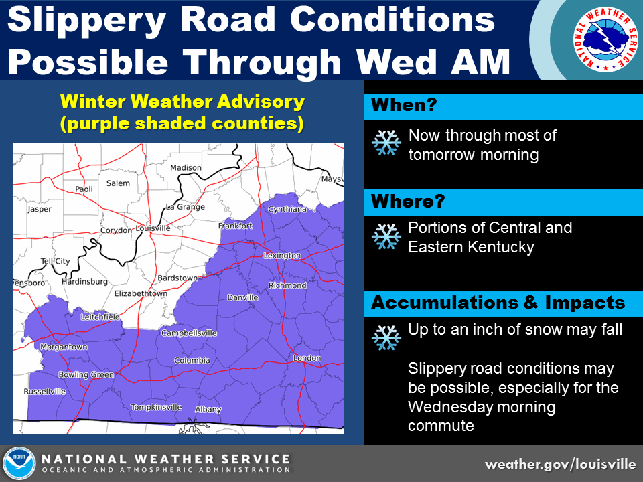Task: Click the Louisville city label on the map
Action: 153,228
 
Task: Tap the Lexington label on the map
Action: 282,255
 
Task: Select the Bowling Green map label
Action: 86,374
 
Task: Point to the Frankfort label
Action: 235,226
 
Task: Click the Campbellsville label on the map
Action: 189,333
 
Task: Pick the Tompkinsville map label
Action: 156,407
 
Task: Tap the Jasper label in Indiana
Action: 40,209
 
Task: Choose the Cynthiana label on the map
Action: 287,209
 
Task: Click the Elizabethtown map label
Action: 141,293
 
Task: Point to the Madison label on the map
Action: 186,167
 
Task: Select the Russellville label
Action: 45,392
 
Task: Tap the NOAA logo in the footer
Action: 19,463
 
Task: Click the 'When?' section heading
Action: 404,105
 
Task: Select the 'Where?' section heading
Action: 408,202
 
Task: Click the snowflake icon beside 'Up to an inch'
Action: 386,337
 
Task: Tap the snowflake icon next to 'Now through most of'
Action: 386,142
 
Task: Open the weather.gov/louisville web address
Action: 560,464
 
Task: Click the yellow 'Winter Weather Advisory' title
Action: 182,101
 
